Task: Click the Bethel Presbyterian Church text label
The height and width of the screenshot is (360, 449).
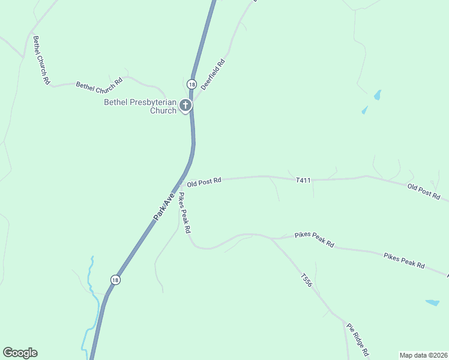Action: pos(140,106)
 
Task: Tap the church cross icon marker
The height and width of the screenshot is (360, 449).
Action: pos(186,106)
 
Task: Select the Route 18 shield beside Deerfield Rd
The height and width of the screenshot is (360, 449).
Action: pos(191,84)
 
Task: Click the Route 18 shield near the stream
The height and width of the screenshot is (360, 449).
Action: pos(115,280)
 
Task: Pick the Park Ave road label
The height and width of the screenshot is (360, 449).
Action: pos(164,206)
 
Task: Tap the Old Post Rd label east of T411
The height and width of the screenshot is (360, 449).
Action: pos(424,192)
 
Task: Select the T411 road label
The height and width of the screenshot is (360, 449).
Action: pos(303,180)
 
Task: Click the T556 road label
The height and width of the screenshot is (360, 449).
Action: pos(307,281)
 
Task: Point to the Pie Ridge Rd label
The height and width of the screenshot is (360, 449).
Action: pos(357,339)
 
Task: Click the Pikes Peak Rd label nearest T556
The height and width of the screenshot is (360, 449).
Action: pos(314,239)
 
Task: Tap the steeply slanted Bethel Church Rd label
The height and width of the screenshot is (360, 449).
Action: pos(41,60)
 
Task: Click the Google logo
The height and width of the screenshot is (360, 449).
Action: pos(20,353)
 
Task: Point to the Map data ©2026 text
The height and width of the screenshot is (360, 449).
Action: pos(424,355)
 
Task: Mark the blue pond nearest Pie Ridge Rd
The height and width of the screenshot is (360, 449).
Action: pos(432,303)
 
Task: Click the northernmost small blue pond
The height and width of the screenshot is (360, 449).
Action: pos(377,95)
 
